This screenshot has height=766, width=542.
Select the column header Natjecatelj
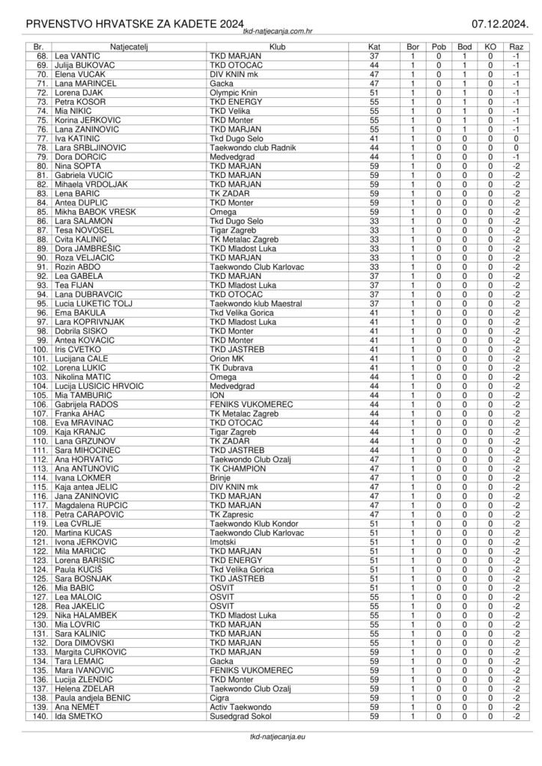click(129, 46)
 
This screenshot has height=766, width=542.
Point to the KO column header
click(490, 46)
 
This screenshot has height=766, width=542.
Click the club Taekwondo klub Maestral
click(256, 304)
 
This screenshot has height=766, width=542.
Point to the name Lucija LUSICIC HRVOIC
click(98, 386)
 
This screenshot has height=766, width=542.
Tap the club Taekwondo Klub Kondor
click(252, 524)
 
